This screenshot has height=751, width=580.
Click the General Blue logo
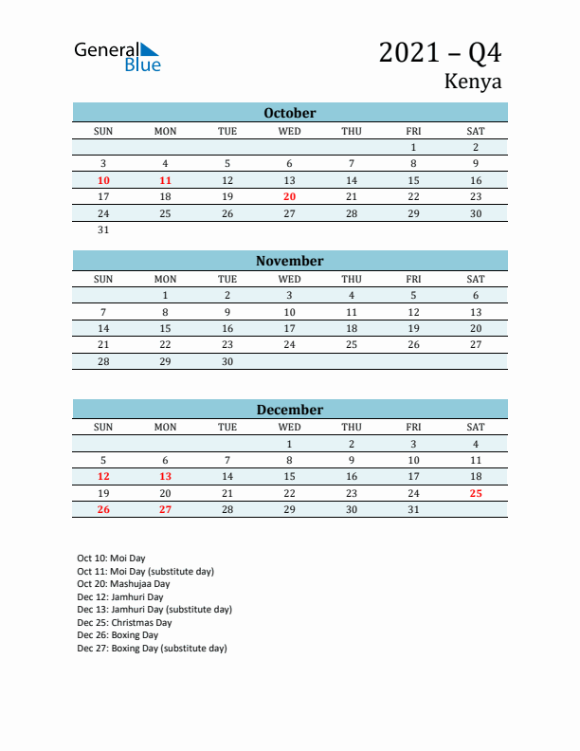(118, 56)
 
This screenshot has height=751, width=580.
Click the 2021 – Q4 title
(440, 53)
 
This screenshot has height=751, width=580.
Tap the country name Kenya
(472, 82)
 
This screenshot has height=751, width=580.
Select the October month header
(290, 113)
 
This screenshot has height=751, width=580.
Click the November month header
(290, 261)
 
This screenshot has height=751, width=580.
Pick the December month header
(290, 410)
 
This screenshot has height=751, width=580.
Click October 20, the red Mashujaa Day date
(290, 196)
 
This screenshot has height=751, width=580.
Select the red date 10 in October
(103, 180)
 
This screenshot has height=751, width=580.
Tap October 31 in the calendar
(103, 229)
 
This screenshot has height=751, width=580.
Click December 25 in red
(476, 493)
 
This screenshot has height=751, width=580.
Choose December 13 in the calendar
(165, 477)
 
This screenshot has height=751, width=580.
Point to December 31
(413, 510)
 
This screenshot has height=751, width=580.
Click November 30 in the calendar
(227, 361)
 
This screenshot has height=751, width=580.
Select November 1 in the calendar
(165, 295)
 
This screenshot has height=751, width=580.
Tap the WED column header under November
(290, 279)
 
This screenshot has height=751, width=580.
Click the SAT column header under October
(476, 131)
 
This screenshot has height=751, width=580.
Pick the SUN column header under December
(103, 427)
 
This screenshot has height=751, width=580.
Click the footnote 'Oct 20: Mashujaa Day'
(123, 584)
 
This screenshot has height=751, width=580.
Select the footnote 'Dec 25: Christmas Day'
(124, 622)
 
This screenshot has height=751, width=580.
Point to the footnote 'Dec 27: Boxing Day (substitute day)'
(152, 649)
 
